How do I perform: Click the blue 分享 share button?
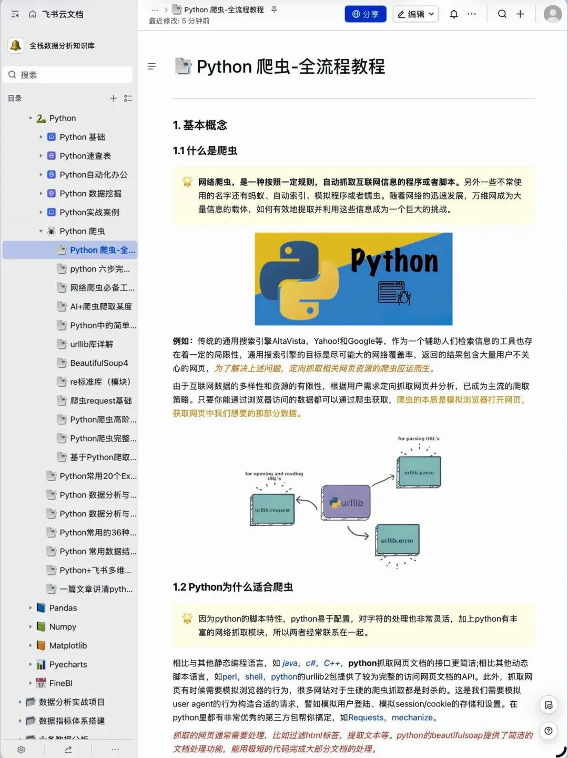pos(366,14)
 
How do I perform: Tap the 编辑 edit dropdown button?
pos(416,14)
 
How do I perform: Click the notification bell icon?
pos(454,14)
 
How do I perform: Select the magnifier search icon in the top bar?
pos(502,14)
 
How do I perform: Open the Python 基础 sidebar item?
pos(82,137)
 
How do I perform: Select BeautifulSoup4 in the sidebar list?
pos(99,363)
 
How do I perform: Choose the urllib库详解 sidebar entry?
pos(92,344)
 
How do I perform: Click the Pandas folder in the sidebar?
pos(63,608)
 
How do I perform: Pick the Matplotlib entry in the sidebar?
pos(68,646)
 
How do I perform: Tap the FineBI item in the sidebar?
pos(60,683)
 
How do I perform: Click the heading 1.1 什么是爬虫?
pos(205,151)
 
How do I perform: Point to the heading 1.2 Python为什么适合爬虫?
pos(232,587)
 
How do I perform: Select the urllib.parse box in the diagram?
pos(419,472)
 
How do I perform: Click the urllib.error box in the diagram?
pos(397,540)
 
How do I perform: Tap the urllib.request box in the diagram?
pos(272,510)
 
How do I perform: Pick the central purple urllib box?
pos(346,503)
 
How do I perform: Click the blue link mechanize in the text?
pos(412,717)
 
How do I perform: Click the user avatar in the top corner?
pos(552,14)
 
